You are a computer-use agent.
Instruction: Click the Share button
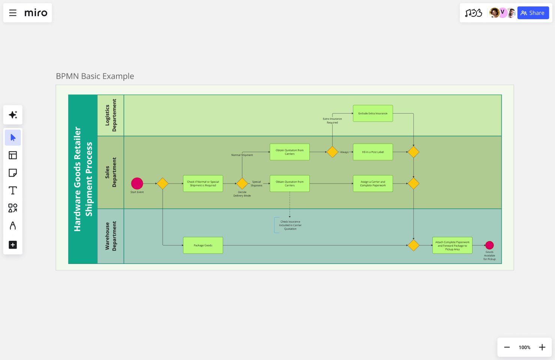[x=533, y=13]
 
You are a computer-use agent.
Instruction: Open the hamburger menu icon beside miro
[x=13, y=13]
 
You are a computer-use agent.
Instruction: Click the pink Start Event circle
[x=137, y=183]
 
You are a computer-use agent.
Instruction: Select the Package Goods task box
[x=203, y=245]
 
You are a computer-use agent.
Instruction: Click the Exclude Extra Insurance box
[x=373, y=113]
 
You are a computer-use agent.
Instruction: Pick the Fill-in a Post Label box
[x=373, y=152]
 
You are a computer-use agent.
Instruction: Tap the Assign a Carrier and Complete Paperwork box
[x=373, y=183]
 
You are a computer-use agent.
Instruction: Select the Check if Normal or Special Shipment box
[x=203, y=183]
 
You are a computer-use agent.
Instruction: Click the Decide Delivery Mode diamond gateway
[x=242, y=183]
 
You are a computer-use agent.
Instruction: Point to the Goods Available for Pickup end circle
[x=489, y=245]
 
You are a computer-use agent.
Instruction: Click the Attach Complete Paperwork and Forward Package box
[x=452, y=245]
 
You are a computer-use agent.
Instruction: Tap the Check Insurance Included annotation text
[x=290, y=225]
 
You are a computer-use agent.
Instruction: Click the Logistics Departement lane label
[x=111, y=115]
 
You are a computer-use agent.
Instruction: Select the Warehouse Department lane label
[x=111, y=236]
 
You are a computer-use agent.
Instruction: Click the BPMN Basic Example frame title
[x=95, y=76]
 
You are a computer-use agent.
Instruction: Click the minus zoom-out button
[x=507, y=347]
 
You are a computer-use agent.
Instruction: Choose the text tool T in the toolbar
[x=13, y=190]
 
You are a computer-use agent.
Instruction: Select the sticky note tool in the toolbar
[x=13, y=173]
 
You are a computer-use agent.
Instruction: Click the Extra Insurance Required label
[x=332, y=120]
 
